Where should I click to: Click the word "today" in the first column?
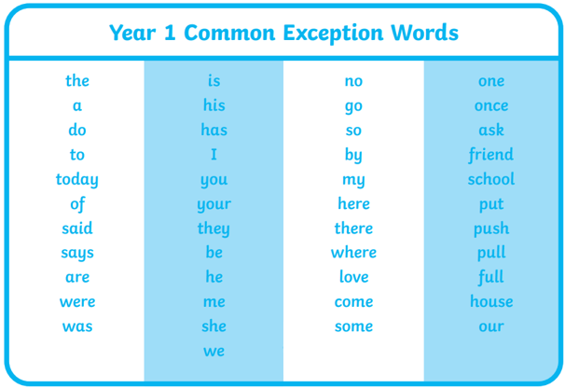pyautogui.click(x=77, y=180)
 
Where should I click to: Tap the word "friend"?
pyautogui.click(x=491, y=155)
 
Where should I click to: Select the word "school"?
pyautogui.click(x=491, y=179)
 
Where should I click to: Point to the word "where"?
pyautogui.click(x=353, y=252)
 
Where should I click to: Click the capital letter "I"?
pyautogui.click(x=214, y=154)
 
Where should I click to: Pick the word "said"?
pyautogui.click(x=77, y=228)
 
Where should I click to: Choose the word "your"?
pyautogui.click(x=214, y=205)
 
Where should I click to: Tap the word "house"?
pyautogui.click(x=491, y=301)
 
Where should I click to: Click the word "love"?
pyautogui.click(x=354, y=277)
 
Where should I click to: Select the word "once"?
pyautogui.click(x=491, y=105)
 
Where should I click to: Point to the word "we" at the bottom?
pyautogui.click(x=214, y=351)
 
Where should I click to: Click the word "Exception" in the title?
pyautogui.click(x=333, y=34)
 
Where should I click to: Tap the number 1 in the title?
pyautogui.click(x=170, y=32)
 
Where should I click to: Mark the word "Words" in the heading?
pyautogui.click(x=425, y=32)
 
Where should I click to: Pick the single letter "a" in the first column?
pyautogui.click(x=77, y=105)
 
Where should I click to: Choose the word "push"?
pyautogui.click(x=491, y=229)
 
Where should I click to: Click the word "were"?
pyautogui.click(x=77, y=301)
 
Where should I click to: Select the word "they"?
pyautogui.click(x=214, y=229)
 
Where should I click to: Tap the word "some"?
pyautogui.click(x=354, y=326)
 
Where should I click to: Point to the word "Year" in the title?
pyautogui.click(x=132, y=32)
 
